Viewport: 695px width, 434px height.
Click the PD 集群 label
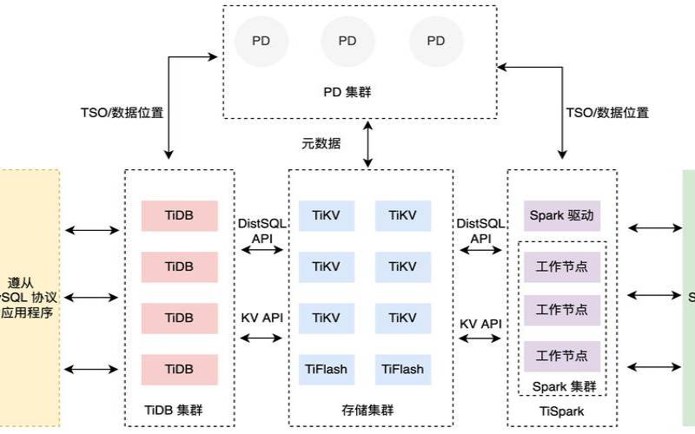coord(347,90)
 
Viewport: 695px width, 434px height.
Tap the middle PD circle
coord(347,41)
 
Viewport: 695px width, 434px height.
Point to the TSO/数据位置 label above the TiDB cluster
coord(122,112)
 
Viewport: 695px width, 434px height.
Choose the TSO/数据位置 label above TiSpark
coord(607,112)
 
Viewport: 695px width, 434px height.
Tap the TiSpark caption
coord(561,410)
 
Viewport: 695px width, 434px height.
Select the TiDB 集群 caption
coord(178,410)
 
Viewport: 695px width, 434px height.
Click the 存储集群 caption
coord(369,410)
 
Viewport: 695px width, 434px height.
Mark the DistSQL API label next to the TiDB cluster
coord(261,230)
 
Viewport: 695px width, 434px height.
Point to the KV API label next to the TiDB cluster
coord(261,318)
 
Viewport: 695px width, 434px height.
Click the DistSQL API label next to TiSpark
coord(480,230)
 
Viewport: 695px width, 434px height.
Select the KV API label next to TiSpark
coord(480,324)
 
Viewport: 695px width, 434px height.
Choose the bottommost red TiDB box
coord(178,369)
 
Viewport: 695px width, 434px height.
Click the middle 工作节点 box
coord(561,310)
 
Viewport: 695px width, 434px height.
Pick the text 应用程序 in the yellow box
coord(27,312)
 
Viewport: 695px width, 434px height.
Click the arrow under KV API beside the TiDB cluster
coord(261,337)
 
